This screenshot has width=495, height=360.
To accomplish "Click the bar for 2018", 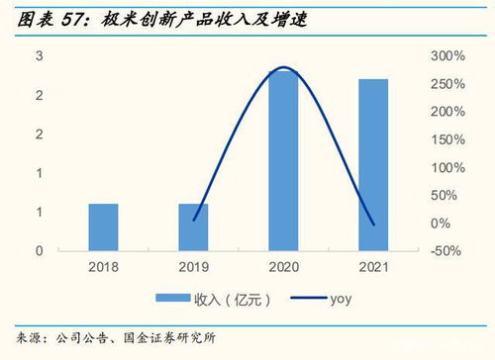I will click(x=103, y=227).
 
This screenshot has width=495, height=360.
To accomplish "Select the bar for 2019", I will click(x=193, y=227).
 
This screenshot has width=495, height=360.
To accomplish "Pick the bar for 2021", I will click(x=373, y=165).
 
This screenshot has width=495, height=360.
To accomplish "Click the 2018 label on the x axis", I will click(x=103, y=268).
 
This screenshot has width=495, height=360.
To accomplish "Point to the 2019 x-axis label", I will click(x=193, y=268).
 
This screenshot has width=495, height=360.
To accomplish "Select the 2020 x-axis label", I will click(x=283, y=268).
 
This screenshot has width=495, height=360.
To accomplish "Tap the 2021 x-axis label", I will click(x=373, y=268).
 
